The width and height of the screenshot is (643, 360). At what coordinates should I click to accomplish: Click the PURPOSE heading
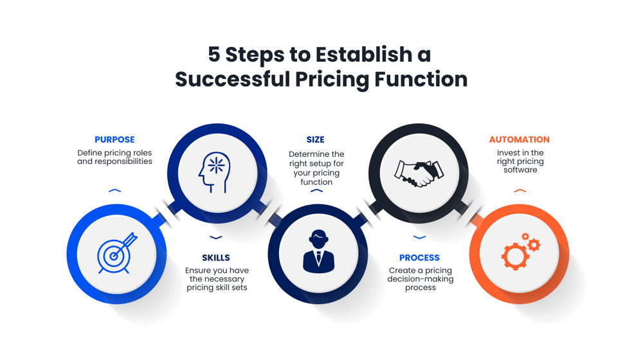(114, 139)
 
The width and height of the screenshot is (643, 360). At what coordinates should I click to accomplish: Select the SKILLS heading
(216, 258)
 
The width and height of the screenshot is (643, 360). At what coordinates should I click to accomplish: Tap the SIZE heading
(316, 139)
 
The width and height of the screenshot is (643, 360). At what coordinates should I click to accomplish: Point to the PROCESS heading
(419, 258)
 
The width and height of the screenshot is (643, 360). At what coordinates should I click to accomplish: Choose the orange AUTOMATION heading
(520, 139)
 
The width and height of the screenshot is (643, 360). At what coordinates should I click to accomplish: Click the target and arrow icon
(116, 253)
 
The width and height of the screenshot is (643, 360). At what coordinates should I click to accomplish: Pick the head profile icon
(215, 172)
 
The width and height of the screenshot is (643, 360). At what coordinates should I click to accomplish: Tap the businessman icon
(318, 252)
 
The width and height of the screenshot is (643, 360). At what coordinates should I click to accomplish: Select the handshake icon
(419, 173)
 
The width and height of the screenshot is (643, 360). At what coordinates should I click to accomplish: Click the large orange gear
(514, 256)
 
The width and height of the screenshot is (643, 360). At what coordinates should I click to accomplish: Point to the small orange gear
(533, 244)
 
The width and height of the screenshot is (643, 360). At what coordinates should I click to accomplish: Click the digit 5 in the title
(213, 55)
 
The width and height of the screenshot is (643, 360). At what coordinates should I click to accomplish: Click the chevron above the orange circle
(520, 191)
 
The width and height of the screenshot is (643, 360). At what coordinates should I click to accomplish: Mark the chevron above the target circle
(114, 191)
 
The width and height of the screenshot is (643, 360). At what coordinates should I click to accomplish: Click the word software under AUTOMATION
(520, 170)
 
